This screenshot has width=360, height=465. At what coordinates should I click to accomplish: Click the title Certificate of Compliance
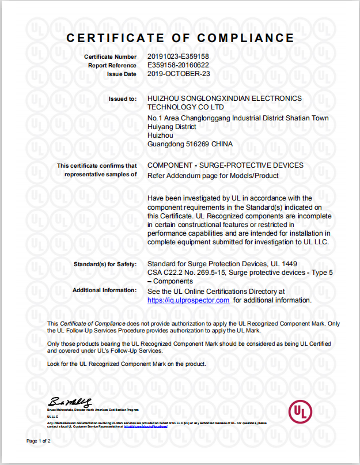coord(180,38)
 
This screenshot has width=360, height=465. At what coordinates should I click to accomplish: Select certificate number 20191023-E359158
coord(178,56)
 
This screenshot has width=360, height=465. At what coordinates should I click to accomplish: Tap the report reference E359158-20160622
coord(178,65)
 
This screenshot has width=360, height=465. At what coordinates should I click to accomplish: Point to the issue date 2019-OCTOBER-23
coord(179,74)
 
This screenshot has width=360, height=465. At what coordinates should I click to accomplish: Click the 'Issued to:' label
coord(123,99)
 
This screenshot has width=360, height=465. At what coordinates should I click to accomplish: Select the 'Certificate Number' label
coord(110,57)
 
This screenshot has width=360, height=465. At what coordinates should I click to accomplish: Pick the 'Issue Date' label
coord(122,74)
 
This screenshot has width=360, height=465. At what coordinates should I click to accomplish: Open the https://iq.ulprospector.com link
coord(188,300)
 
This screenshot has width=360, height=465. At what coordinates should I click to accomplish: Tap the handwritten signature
coord(69,401)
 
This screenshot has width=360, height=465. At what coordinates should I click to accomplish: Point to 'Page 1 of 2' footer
coord(39,441)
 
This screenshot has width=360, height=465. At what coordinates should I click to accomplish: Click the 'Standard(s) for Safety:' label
coord(105,264)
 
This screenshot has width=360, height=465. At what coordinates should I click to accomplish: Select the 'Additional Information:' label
coord(104,290)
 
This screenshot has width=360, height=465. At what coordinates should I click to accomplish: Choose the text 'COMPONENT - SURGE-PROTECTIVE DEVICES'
coord(225,165)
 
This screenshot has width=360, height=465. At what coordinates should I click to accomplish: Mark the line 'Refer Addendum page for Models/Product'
coord(213,176)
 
